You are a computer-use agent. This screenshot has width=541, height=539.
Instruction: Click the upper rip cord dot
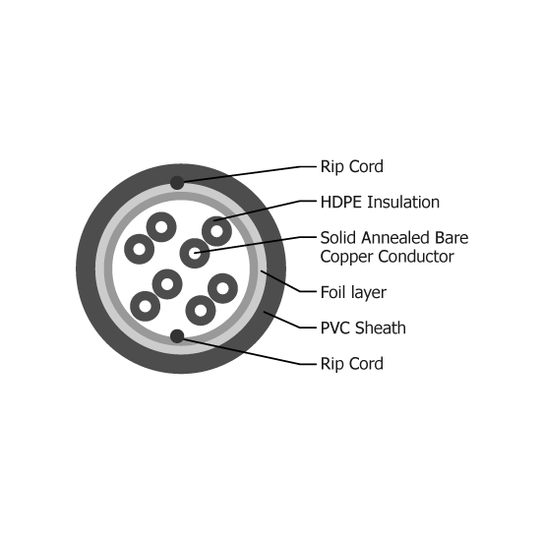point(177,183)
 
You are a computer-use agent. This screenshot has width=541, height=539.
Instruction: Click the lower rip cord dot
point(177,336)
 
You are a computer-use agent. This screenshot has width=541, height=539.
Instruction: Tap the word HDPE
point(341,203)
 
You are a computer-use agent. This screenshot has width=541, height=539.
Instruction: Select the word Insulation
point(403,203)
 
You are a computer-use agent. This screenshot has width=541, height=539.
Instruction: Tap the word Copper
point(346,257)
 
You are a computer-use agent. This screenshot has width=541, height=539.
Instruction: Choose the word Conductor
point(416,257)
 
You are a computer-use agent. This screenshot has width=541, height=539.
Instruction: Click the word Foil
point(333,292)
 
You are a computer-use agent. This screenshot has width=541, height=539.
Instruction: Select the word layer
point(369,293)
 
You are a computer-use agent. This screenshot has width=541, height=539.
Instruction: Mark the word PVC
point(335,328)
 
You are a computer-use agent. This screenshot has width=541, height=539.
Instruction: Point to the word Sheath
point(381,328)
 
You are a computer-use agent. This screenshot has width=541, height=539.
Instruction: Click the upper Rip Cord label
point(351,166)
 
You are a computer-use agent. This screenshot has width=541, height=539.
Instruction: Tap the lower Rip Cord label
point(351,364)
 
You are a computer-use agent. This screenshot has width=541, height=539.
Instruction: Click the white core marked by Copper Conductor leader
point(195,253)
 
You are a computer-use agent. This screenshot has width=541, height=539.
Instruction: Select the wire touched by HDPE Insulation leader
point(216,231)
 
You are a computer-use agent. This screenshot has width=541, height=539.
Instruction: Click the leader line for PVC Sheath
point(290,320)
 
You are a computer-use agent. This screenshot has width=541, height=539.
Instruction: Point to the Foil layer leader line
point(288,281)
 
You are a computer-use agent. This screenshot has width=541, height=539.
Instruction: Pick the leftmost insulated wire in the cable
point(139,249)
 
